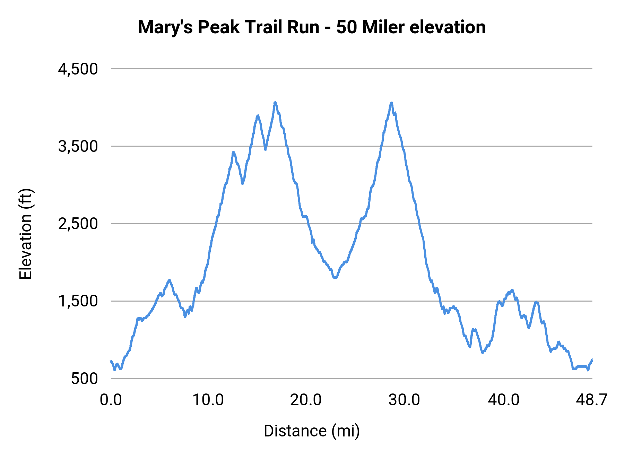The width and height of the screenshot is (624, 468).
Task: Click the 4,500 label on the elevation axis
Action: point(78,69)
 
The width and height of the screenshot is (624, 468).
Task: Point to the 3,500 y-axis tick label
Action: point(78,147)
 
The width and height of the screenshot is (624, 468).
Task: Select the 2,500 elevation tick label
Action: point(78,224)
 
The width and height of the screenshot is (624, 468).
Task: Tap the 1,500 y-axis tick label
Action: point(78,301)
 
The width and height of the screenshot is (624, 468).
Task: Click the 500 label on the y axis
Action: point(85,379)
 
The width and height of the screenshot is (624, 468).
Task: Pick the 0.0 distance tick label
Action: point(111,400)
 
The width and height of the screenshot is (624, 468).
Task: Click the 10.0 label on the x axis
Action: point(208,400)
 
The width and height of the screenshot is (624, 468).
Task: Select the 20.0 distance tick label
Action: point(306,400)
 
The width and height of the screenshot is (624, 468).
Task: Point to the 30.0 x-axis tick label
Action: point(404,400)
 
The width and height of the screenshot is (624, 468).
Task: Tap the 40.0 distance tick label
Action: point(503,400)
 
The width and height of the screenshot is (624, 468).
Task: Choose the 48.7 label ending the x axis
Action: point(591,400)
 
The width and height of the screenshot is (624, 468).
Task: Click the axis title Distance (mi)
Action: point(312,431)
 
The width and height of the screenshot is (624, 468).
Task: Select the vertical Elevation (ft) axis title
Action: point(26,234)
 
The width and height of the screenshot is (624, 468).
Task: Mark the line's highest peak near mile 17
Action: point(275,102)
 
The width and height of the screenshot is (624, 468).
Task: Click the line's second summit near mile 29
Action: point(391,103)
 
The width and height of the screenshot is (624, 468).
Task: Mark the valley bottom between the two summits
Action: point(335,277)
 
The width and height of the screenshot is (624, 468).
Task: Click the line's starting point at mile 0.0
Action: point(111,361)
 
